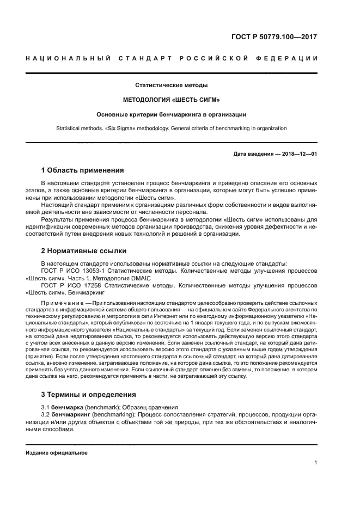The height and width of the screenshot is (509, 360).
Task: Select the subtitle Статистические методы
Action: pyautogui.click(x=171, y=85)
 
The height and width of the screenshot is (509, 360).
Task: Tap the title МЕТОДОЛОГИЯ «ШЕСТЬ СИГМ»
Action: pyautogui.click(x=171, y=100)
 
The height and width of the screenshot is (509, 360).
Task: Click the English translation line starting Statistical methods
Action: pyautogui.click(x=171, y=128)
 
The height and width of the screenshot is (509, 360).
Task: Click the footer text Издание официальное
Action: pyautogui.click(x=56, y=452)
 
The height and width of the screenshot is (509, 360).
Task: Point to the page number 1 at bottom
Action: pyautogui.click(x=315, y=463)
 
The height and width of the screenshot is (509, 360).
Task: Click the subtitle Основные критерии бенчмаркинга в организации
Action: pyautogui.click(x=171, y=114)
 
